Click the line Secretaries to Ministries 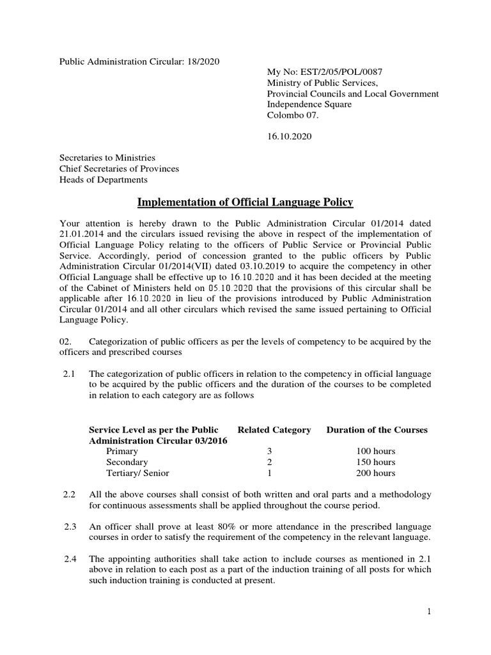coord(107,158)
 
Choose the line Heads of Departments coord(103,180)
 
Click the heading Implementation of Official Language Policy coord(245,203)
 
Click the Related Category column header coord(274,430)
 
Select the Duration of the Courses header coord(377,430)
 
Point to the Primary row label coord(122,452)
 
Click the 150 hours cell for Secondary coord(377,462)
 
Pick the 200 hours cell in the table coord(377,473)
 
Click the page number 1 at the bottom coord(430,612)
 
